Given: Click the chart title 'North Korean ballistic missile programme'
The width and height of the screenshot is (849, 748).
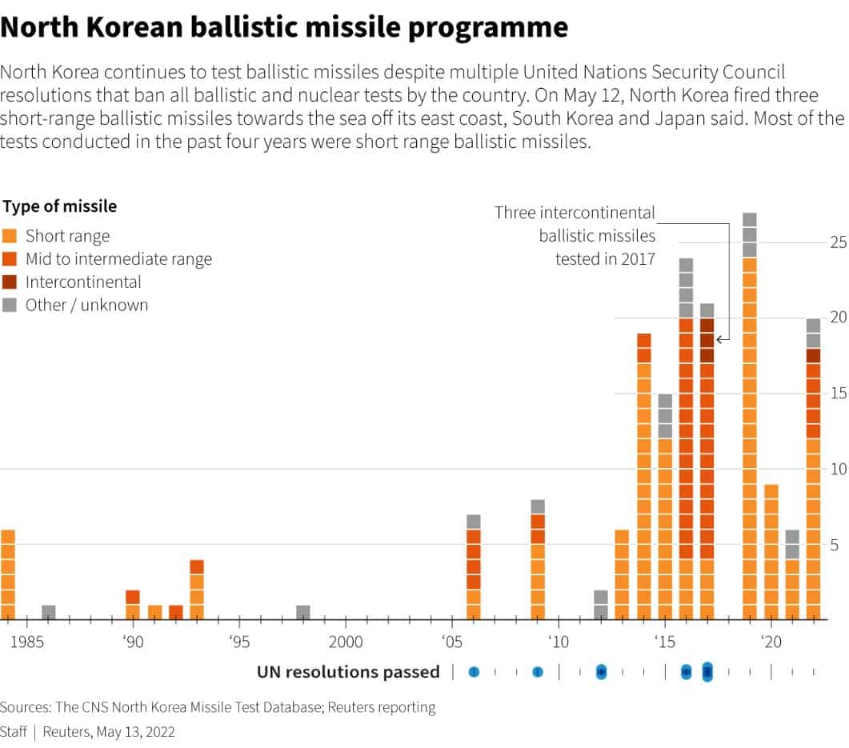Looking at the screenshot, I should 284,28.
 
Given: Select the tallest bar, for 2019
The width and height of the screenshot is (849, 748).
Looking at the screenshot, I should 749,416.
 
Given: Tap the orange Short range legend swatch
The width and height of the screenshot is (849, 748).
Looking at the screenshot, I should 10,236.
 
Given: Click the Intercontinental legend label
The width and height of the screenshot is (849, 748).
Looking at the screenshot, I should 83,282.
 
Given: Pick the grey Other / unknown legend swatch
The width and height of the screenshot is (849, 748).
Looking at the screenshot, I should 10,305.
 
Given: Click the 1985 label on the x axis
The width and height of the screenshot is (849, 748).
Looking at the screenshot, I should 26,642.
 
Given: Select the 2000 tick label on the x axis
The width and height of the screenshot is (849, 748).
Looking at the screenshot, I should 346,642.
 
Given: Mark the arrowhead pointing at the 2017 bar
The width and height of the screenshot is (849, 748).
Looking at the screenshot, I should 719,340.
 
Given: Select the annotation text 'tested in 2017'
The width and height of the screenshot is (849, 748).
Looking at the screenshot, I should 605,258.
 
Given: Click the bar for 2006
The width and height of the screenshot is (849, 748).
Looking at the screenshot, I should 474,567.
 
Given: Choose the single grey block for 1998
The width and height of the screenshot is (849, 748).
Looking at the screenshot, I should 303,613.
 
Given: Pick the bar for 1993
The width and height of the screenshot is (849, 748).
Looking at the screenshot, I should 197,590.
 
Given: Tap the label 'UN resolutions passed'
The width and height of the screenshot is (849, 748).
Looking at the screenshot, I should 348,672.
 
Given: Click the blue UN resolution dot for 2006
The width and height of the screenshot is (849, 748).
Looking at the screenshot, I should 474,672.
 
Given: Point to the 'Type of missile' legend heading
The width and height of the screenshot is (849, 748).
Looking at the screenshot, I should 60,206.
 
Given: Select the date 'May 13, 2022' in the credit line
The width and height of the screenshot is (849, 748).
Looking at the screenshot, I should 134,732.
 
